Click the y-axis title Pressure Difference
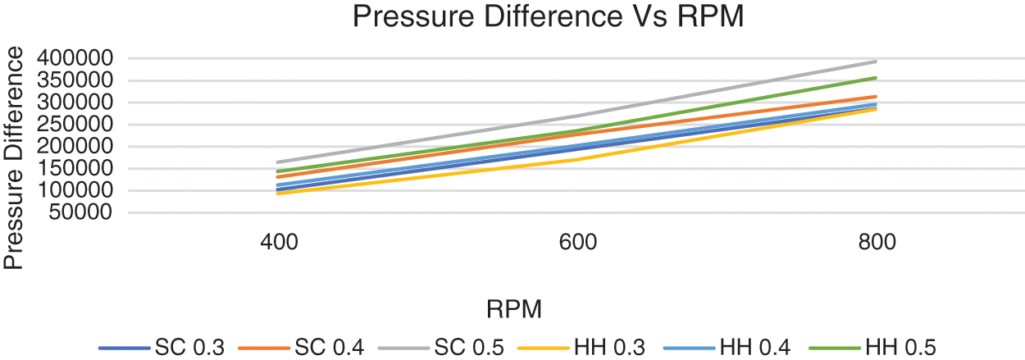(x=13, y=157)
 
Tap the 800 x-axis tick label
(x=877, y=244)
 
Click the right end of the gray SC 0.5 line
(x=877, y=62)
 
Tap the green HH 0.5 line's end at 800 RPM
(x=877, y=78)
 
